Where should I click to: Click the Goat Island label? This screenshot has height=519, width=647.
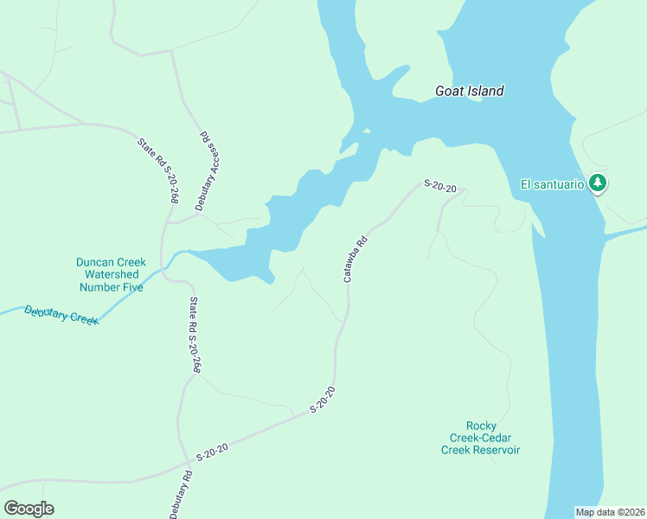(468, 91)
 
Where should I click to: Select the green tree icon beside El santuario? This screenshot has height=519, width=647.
(598, 183)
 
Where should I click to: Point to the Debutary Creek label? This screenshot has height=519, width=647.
(61, 316)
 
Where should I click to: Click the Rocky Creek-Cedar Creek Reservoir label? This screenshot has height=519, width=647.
(481, 437)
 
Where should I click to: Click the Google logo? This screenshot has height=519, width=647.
(29, 509)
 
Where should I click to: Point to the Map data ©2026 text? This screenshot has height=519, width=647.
(610, 511)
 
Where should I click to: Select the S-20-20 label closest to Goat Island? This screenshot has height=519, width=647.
(439, 185)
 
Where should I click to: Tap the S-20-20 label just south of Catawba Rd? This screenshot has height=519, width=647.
(323, 399)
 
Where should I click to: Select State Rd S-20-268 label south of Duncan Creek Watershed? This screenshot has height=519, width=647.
(195, 335)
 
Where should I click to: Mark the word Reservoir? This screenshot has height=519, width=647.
(495, 449)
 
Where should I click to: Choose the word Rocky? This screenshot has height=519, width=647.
(482, 425)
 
